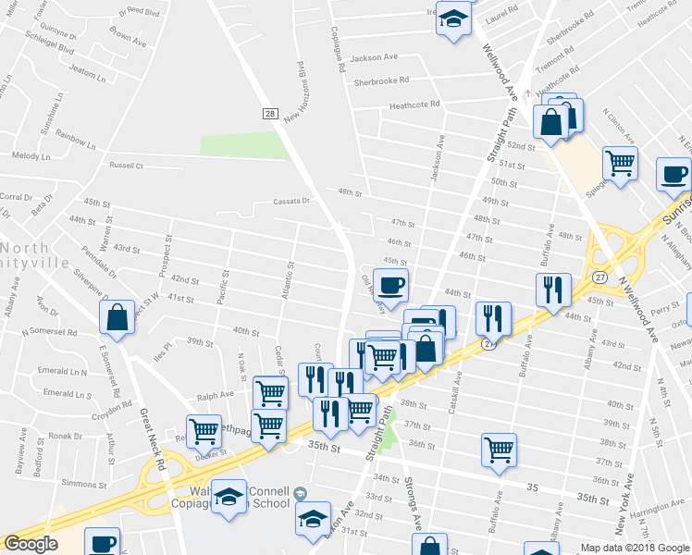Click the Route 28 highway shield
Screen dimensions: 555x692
(x=270, y=114)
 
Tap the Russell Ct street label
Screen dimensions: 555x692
(x=127, y=166)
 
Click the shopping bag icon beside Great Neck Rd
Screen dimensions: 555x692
(x=119, y=317)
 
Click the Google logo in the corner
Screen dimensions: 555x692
(x=30, y=544)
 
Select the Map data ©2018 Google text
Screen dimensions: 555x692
(x=634, y=548)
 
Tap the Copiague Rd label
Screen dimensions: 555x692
(x=340, y=48)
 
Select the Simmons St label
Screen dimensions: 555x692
(x=78, y=483)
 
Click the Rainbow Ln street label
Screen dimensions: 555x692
(x=75, y=140)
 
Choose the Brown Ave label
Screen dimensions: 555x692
(x=128, y=37)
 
